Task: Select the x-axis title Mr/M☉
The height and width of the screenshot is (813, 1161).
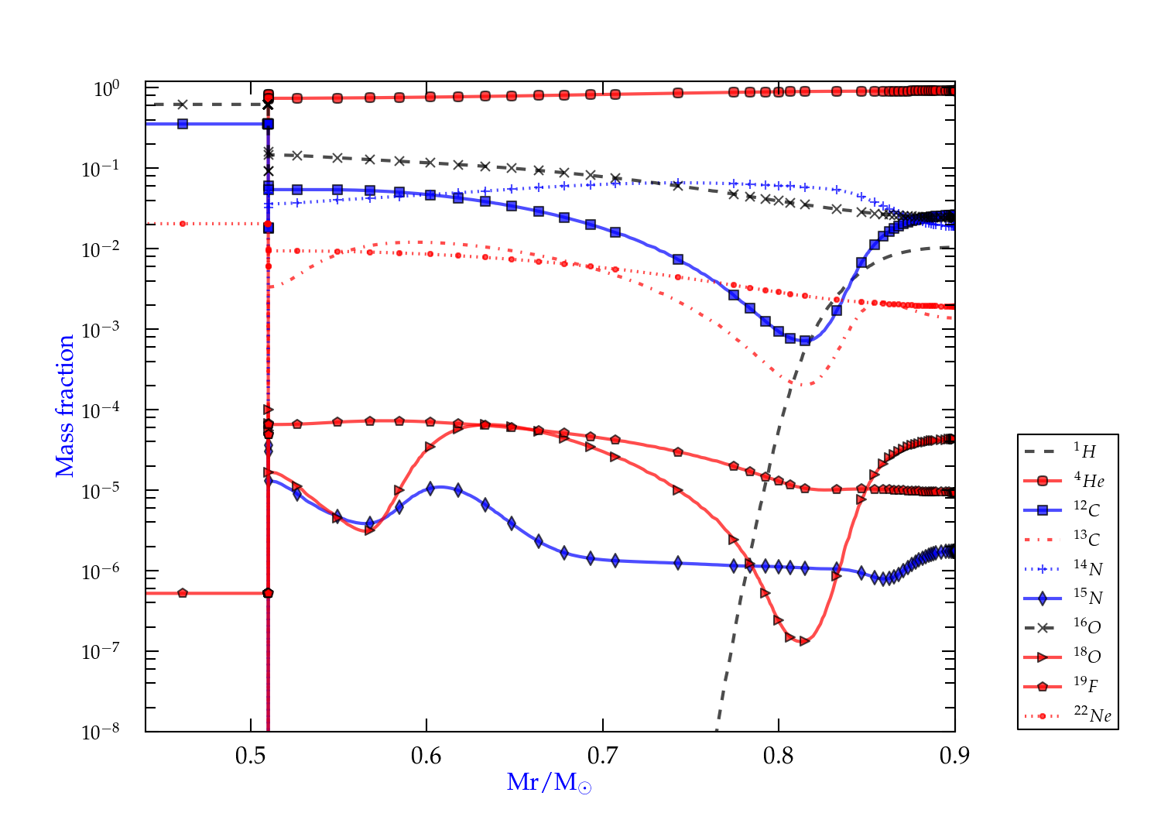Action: point(549,783)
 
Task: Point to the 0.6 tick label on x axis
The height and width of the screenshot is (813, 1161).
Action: point(426,756)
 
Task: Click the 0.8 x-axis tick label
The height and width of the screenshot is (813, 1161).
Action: point(779,756)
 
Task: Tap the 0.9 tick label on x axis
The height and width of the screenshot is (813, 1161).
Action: point(954,756)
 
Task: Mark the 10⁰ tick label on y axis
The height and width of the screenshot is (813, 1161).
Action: point(106,89)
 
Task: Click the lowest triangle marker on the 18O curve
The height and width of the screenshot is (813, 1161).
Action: point(804,641)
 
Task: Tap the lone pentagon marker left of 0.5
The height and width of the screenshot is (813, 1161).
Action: point(183,593)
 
